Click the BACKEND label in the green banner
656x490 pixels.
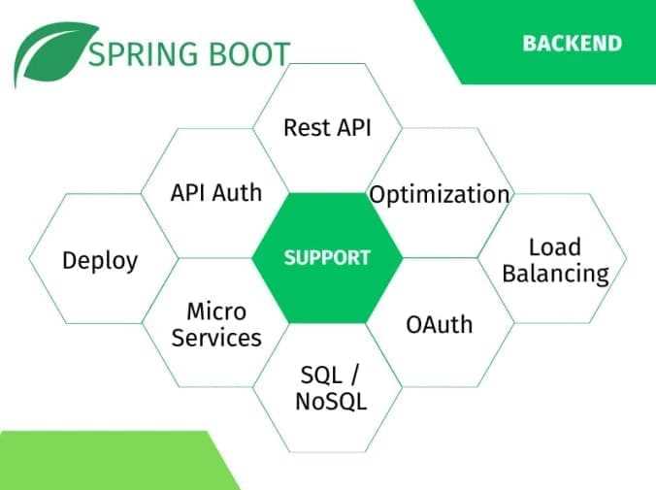point(572,43)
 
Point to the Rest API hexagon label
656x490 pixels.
point(327,127)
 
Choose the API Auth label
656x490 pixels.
point(216,192)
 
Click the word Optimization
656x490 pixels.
point(440,195)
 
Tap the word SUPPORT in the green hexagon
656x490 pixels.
point(327,257)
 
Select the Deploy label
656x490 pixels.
point(100,261)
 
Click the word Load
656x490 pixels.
point(555,246)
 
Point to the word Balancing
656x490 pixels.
point(556,274)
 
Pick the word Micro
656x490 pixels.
point(216,311)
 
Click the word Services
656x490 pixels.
point(216,338)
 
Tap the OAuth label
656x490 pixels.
point(440,324)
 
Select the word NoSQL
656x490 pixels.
point(331,401)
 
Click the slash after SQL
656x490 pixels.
point(354,375)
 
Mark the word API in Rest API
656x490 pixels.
point(354,127)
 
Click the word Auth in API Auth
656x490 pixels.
point(237,192)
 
